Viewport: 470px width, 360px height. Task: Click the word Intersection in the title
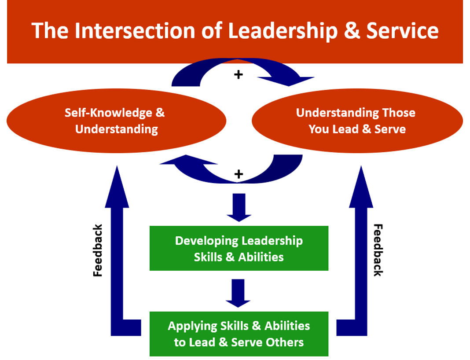click(138, 31)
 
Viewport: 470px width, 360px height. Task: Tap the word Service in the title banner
click(402, 31)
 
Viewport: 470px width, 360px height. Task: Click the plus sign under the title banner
click(238, 75)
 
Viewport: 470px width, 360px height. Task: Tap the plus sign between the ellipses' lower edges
click(238, 174)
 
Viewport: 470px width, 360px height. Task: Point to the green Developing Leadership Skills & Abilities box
click(239, 248)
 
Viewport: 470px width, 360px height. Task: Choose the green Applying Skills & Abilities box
click(239, 334)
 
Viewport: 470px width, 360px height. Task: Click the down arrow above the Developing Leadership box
click(239, 207)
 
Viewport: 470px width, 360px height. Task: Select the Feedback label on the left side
click(98, 250)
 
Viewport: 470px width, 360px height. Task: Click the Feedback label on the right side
click(378, 250)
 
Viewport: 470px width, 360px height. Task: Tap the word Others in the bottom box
click(286, 342)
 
